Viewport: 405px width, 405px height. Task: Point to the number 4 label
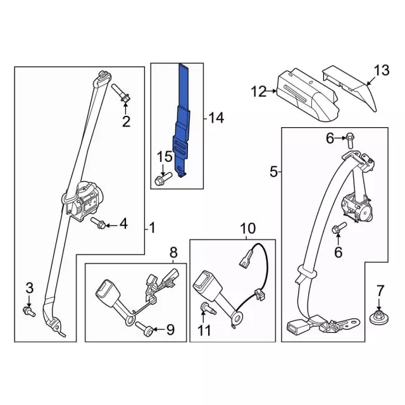click(123, 223)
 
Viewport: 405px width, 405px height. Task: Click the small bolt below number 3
click(28, 311)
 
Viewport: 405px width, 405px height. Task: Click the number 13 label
click(382, 70)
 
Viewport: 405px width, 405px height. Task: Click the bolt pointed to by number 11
click(206, 309)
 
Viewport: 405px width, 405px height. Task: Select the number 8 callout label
click(173, 254)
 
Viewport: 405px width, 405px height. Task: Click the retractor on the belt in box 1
click(83, 201)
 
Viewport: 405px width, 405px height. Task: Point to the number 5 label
click(274, 171)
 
